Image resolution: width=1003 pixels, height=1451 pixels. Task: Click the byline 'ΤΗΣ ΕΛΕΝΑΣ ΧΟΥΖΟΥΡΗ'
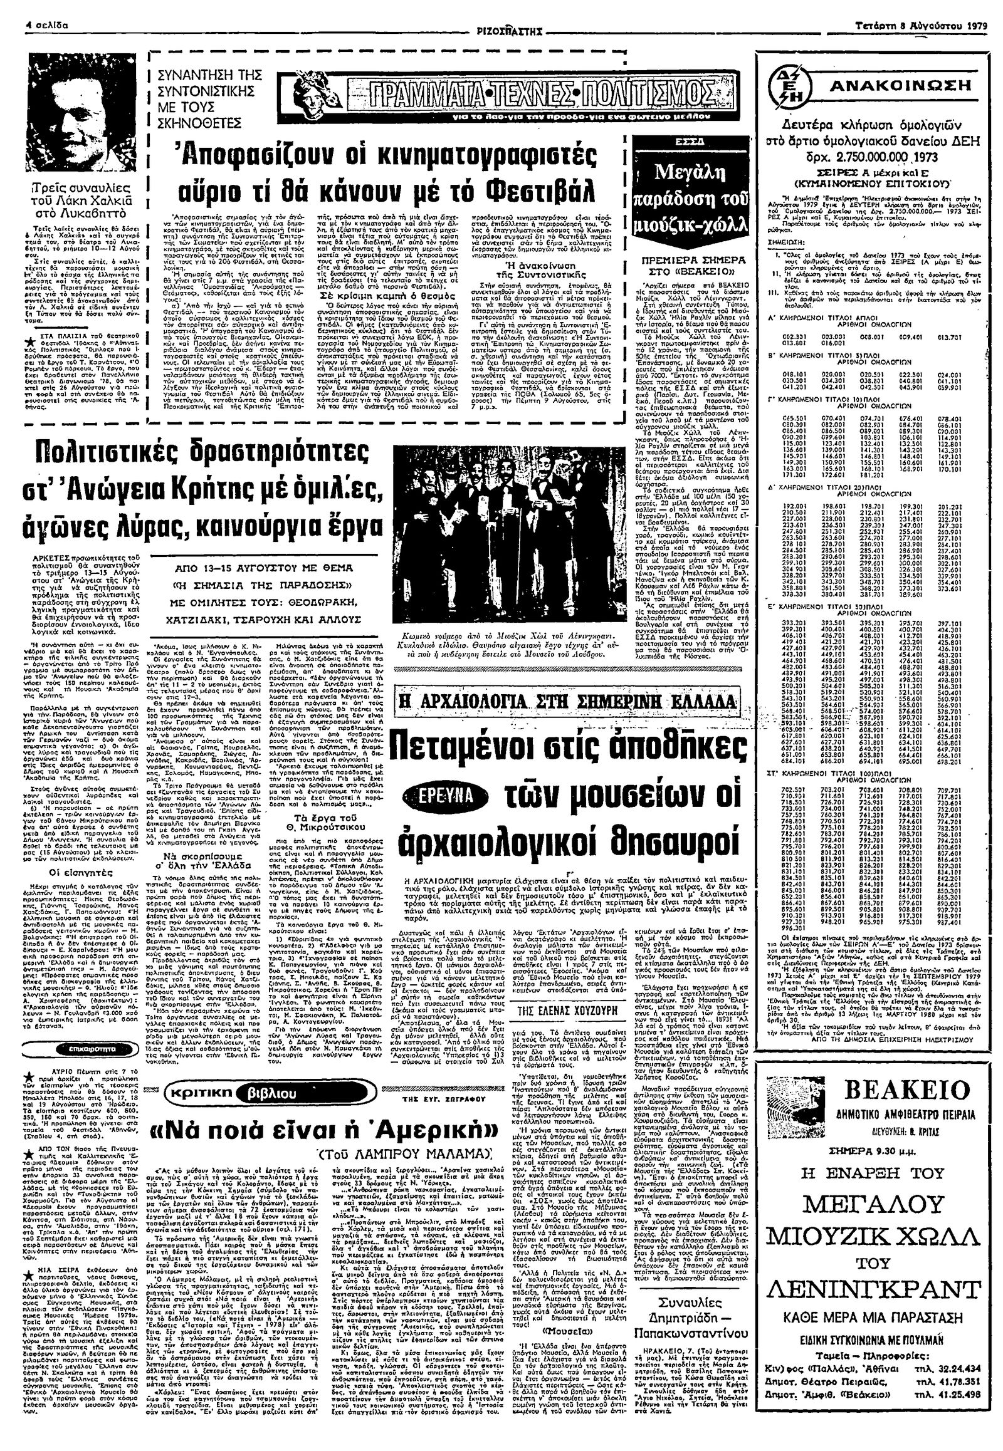pos(565,994)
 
